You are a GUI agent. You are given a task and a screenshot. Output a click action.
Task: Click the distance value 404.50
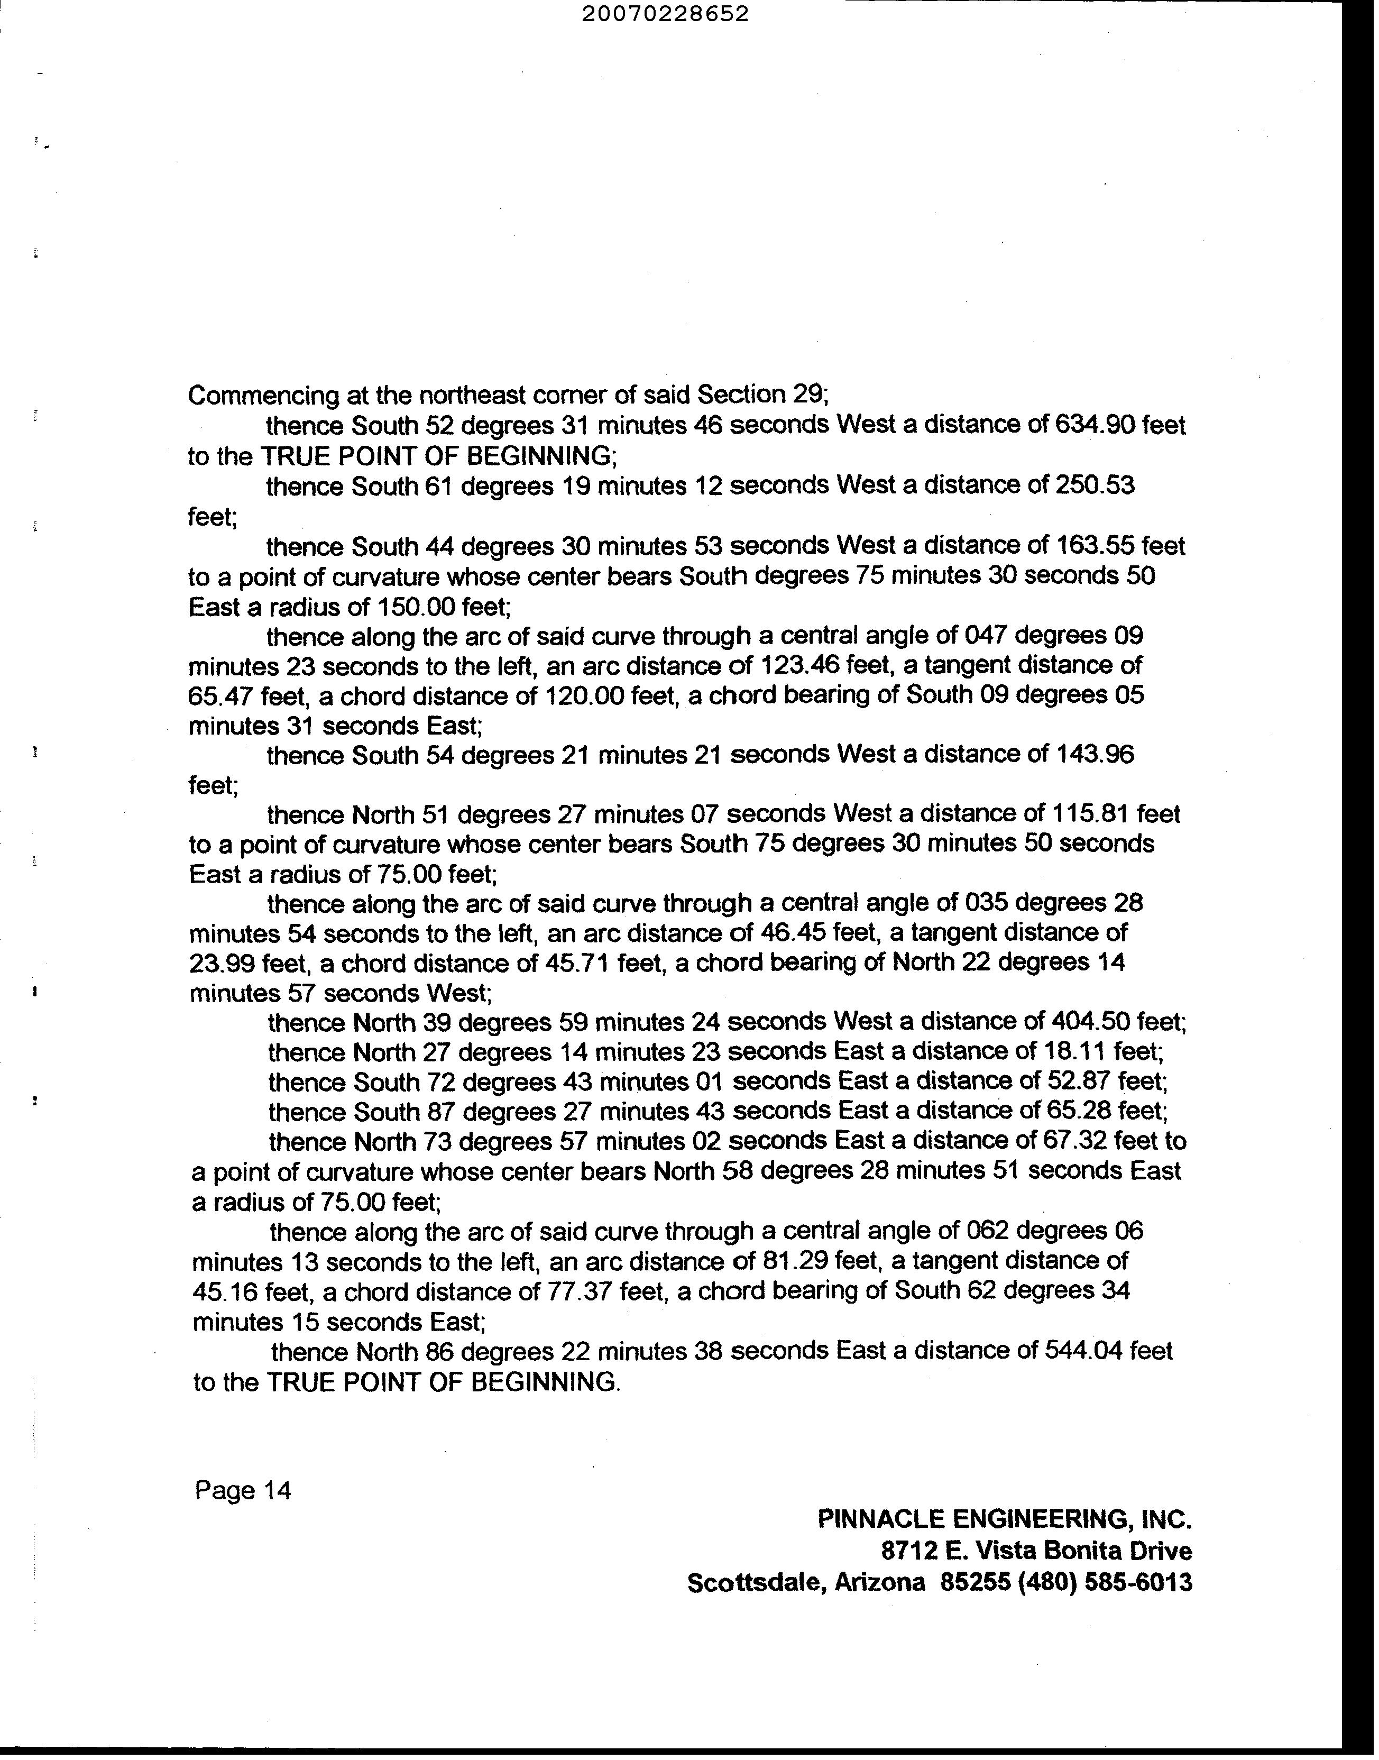[1091, 1023]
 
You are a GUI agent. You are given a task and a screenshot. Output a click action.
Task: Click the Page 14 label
[242, 1490]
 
